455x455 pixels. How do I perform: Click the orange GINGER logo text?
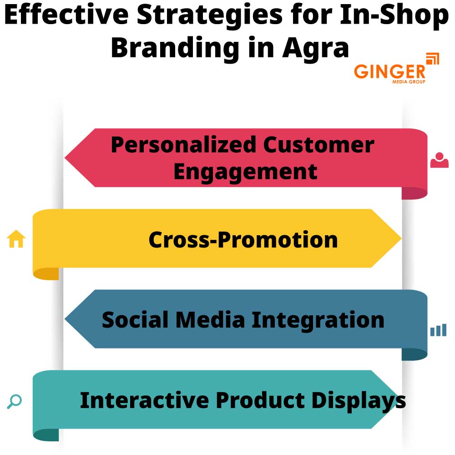tap(389, 72)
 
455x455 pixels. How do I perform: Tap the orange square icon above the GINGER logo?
tap(432, 60)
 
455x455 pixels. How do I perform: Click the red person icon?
tap(439, 160)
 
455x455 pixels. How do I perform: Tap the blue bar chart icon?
tap(438, 330)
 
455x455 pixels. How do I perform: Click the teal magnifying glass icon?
tap(15, 401)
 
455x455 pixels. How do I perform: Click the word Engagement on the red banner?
tap(245, 172)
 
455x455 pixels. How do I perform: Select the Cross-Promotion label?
tap(243, 239)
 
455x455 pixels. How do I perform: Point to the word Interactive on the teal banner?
tap(144, 400)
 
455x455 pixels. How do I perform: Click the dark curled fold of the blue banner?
tap(414, 354)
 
